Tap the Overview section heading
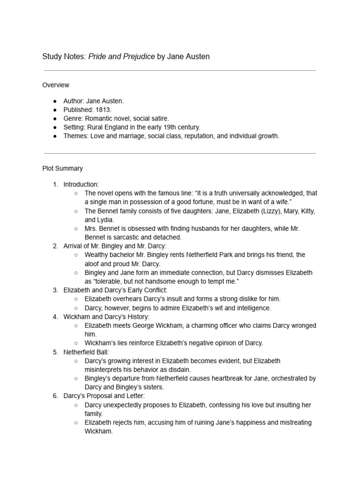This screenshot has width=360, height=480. (56, 85)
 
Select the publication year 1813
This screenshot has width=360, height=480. (103, 110)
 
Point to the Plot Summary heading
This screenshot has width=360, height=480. (62, 168)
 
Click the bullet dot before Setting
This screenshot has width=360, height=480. (55, 127)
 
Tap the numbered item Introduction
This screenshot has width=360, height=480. (81, 184)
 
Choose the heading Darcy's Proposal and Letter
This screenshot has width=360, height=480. (104, 396)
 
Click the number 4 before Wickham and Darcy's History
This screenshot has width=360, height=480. (55, 317)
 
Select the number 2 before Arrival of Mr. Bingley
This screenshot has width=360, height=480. (55, 246)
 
